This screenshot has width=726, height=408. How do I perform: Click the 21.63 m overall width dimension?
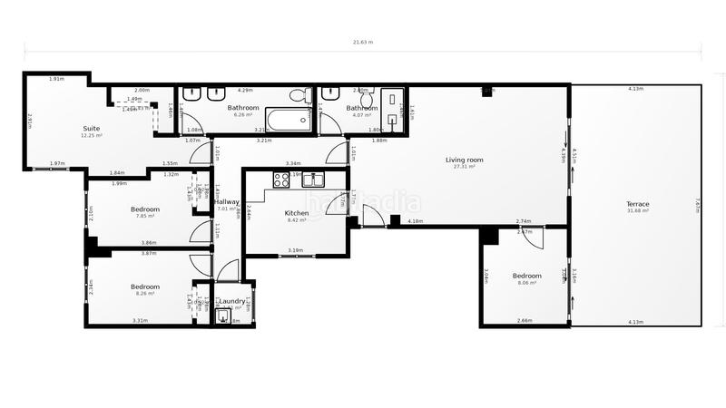[x=363, y=42]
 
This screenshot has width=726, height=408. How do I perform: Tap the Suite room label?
[x=92, y=128]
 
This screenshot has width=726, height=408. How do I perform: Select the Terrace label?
[x=637, y=204]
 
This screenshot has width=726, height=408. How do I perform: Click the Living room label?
[x=464, y=160]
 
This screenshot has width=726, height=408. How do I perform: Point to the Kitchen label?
[x=297, y=212]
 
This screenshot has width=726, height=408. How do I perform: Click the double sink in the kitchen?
[x=314, y=179]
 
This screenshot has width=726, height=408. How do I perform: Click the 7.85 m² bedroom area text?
[x=145, y=216]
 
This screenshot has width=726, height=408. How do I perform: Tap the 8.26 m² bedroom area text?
[x=145, y=294]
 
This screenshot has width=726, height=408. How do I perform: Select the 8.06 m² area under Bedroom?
[x=526, y=283]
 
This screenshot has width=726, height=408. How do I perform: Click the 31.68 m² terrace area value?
[x=637, y=211]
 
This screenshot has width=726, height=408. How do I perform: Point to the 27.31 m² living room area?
[x=464, y=167]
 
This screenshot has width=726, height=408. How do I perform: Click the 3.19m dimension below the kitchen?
[x=295, y=250]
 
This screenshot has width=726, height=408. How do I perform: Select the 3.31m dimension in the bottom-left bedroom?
[x=140, y=320]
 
